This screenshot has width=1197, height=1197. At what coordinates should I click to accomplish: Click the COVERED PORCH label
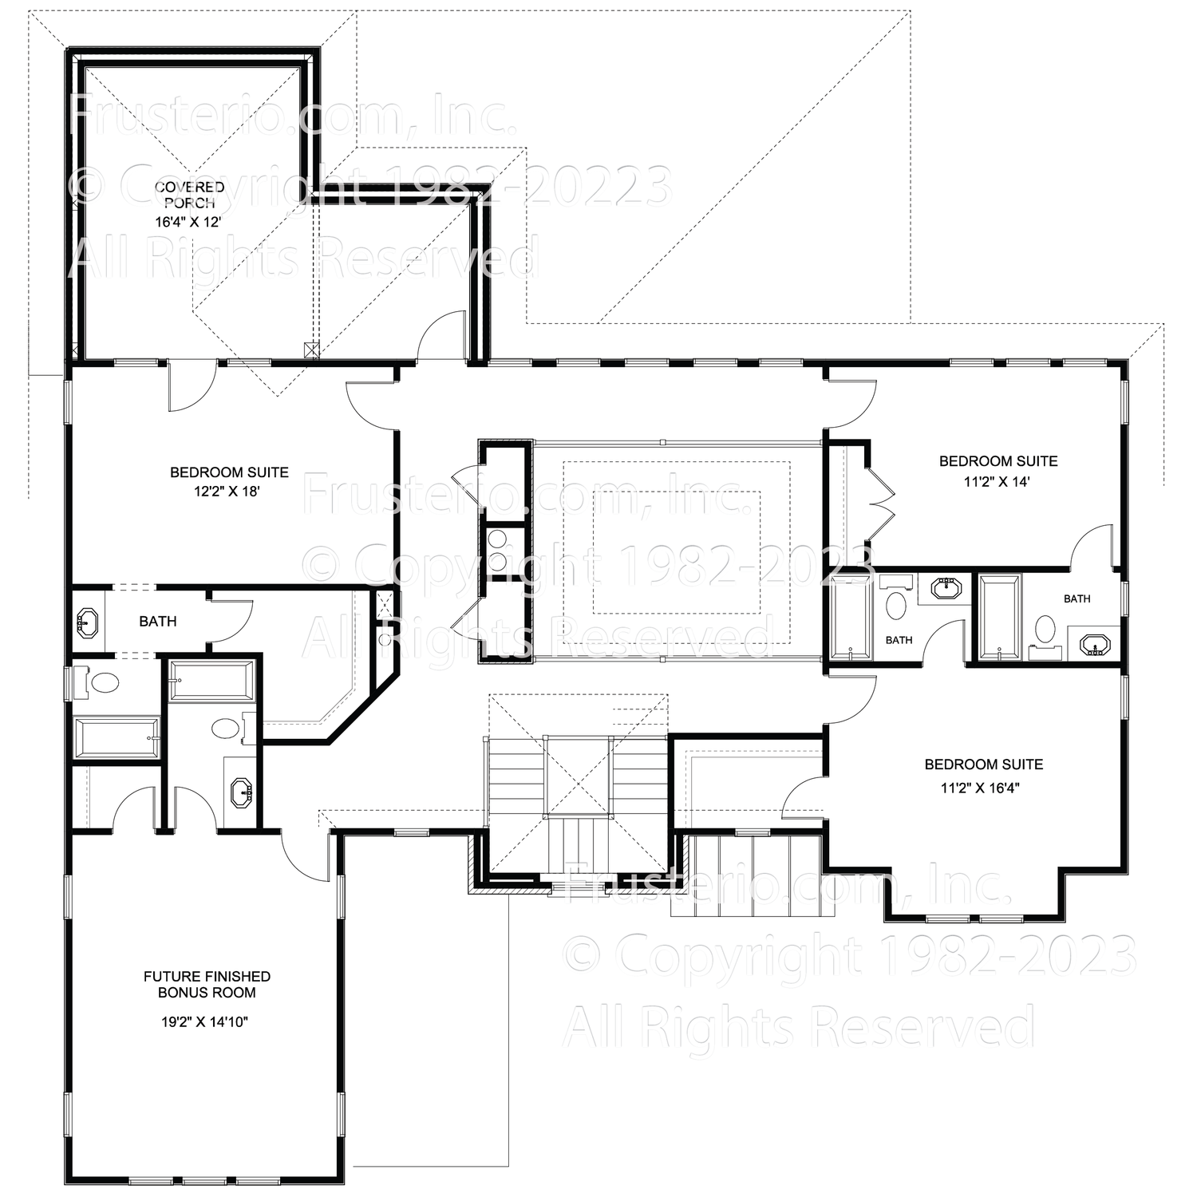click(189, 195)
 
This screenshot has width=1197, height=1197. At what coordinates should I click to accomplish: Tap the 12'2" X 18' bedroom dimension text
click(227, 492)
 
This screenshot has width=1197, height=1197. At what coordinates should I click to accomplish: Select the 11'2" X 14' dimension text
click(997, 481)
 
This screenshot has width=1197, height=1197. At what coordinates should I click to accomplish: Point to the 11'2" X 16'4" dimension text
click(981, 788)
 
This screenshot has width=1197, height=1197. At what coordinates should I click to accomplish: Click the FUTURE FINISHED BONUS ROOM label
click(207, 984)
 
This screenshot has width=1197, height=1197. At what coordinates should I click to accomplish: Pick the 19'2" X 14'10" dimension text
click(207, 1021)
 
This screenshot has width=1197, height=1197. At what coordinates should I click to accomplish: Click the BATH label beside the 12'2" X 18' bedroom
click(157, 621)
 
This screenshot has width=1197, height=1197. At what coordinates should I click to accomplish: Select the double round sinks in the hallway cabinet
click(498, 551)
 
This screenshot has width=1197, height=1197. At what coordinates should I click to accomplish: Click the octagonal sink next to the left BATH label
click(86, 621)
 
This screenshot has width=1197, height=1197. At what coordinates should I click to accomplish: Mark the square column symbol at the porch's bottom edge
click(311, 350)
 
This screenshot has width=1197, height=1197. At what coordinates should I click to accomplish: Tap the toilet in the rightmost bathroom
click(1044, 630)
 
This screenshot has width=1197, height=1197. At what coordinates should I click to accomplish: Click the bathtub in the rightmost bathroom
click(997, 617)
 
